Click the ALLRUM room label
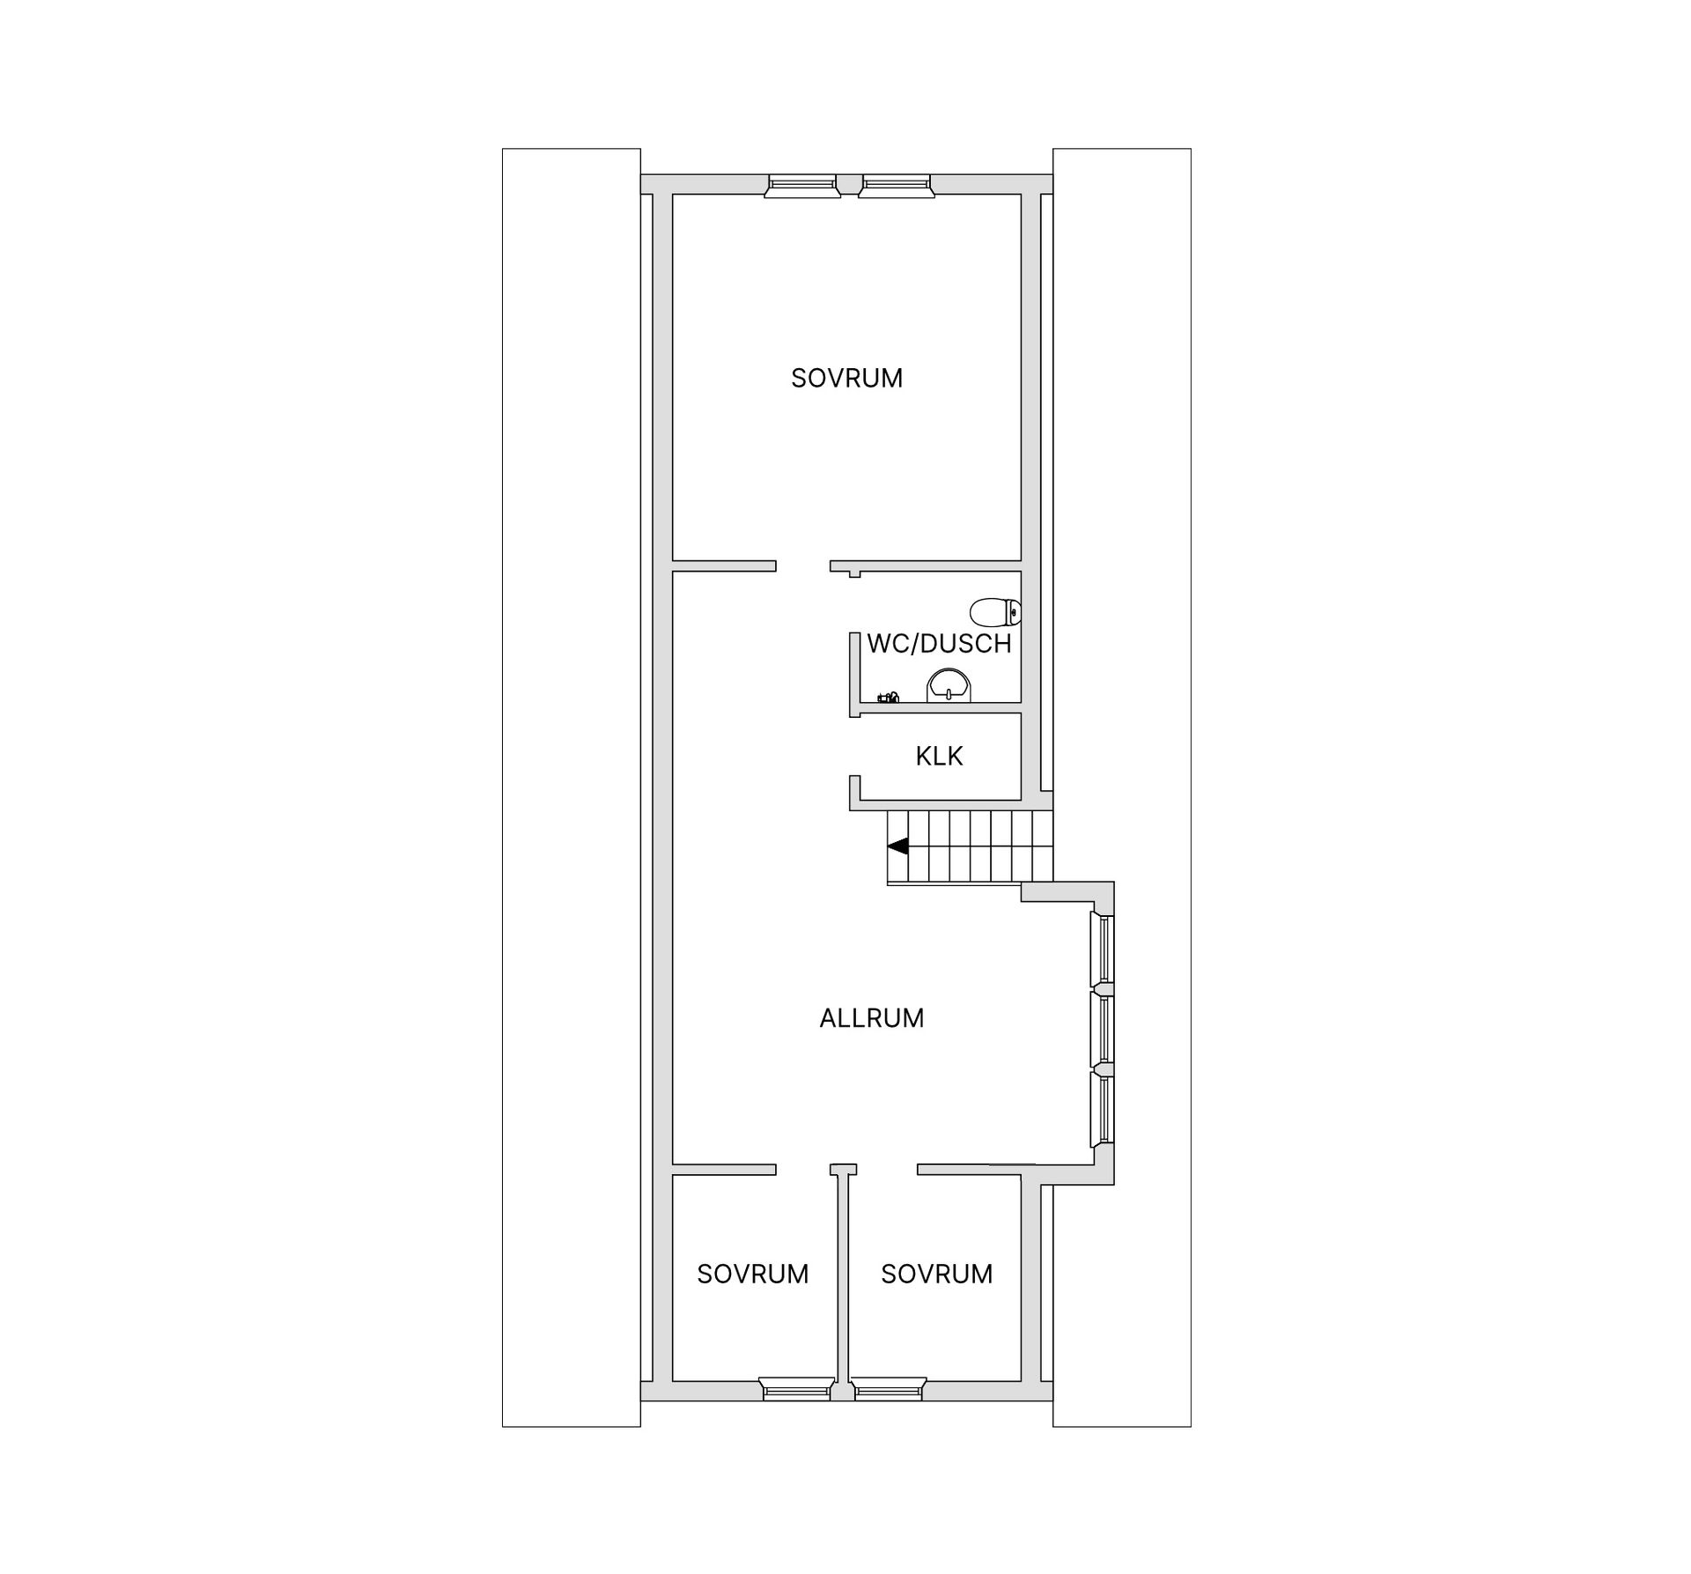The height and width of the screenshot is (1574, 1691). click(x=872, y=1018)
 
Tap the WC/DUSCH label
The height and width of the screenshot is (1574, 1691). click(x=939, y=644)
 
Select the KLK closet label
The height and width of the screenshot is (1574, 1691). click(x=939, y=756)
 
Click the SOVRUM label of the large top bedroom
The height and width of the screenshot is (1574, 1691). click(x=846, y=378)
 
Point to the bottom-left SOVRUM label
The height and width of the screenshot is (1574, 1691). click(x=752, y=1274)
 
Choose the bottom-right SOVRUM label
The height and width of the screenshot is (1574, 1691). click(x=936, y=1274)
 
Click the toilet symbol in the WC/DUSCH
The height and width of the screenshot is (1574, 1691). click(x=995, y=610)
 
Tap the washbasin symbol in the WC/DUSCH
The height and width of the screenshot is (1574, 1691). click(x=949, y=685)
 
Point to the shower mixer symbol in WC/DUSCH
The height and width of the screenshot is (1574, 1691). click(x=888, y=698)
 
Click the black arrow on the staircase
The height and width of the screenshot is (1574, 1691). click(x=897, y=846)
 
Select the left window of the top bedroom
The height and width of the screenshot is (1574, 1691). click(x=801, y=185)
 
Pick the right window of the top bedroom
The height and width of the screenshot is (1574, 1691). click(x=896, y=185)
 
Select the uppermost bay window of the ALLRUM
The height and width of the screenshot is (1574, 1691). click(x=1102, y=950)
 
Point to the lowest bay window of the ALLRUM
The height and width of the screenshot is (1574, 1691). click(x=1102, y=1109)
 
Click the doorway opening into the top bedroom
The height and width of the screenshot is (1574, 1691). click(x=803, y=565)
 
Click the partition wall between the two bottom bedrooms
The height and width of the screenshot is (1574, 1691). click(x=843, y=1286)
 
